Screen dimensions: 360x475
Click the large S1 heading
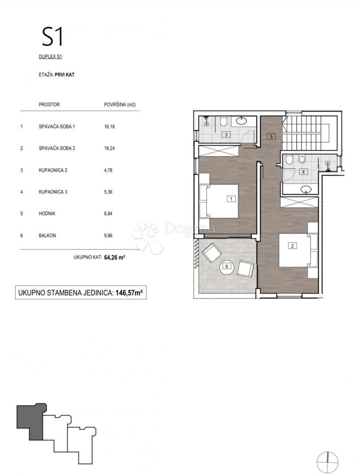click(53, 36)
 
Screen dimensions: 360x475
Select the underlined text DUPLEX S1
click(50, 57)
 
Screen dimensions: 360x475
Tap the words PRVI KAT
click(64, 75)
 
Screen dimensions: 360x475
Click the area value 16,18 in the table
click(109, 127)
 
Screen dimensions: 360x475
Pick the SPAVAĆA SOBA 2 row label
click(57, 148)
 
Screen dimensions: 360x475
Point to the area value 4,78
click(108, 170)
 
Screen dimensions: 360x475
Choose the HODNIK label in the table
click(47, 214)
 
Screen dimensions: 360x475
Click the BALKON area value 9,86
click(108, 236)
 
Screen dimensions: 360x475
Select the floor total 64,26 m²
click(115, 257)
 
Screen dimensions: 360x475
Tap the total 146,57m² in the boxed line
click(129, 293)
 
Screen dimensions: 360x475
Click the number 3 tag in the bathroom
click(226, 135)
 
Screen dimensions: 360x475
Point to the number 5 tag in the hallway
click(271, 137)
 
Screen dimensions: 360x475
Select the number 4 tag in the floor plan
click(303, 172)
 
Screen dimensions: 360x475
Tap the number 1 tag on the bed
click(231, 199)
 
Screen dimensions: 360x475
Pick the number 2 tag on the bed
click(292, 246)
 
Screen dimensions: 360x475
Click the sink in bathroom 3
click(241, 121)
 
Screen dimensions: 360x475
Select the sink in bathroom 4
click(306, 189)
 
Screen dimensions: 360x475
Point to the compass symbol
click(327, 455)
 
